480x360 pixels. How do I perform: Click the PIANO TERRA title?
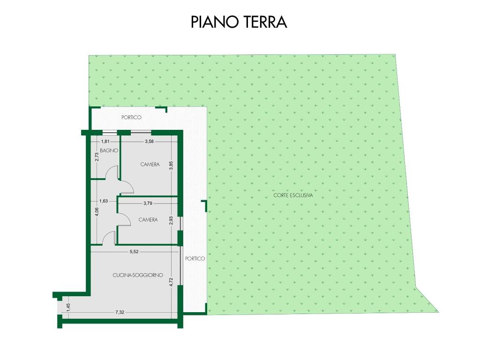tap(239, 22)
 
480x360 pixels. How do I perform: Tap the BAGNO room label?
tap(109, 150)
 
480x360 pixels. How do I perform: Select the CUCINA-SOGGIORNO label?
tap(138, 275)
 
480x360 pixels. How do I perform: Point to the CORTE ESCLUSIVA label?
tap(293, 195)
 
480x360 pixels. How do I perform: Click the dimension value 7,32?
tap(120, 312)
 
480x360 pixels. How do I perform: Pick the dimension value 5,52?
tap(134, 252)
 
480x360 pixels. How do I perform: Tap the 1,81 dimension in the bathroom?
tap(105, 142)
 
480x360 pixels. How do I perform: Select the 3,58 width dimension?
tap(150, 142)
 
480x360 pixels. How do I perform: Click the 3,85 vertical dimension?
tap(171, 165)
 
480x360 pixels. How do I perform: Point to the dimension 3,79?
tap(148, 203)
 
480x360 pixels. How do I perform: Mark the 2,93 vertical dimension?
tap(171, 221)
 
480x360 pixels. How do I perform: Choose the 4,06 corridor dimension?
tap(97, 212)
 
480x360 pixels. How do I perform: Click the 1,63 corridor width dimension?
tap(104, 201)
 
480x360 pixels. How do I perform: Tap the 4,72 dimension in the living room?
tap(171, 282)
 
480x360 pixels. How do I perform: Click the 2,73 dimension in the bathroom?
tap(97, 157)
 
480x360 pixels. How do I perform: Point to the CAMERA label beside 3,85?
tap(150, 165)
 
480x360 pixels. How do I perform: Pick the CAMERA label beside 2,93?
tap(148, 220)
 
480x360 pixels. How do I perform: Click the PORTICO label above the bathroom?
tap(131, 117)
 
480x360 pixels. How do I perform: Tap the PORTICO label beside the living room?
tap(195, 259)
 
